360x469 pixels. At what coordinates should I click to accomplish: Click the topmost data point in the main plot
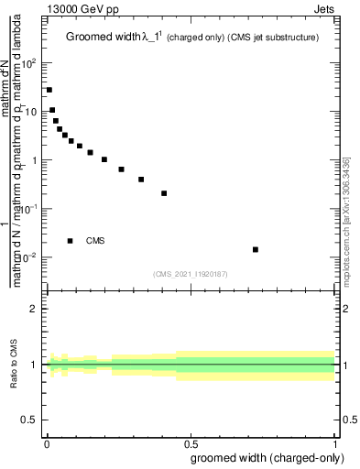tap(49, 90)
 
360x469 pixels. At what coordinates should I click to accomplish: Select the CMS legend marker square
tap(71, 241)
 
